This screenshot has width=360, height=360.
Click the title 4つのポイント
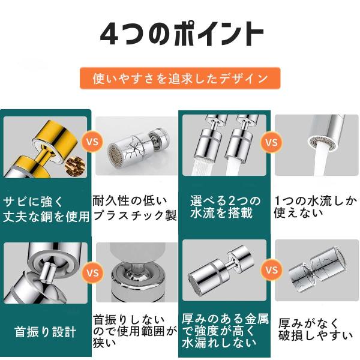(x=182, y=34)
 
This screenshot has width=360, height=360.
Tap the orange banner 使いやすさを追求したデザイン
(x=180, y=78)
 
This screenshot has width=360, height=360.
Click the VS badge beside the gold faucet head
(x=92, y=141)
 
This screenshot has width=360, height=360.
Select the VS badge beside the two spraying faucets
(x=271, y=142)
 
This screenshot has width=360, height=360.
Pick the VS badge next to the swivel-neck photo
(x=92, y=273)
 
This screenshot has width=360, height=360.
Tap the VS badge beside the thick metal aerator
(x=271, y=270)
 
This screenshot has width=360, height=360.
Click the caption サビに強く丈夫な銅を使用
(x=46, y=209)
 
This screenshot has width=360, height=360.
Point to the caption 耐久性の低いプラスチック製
(x=135, y=208)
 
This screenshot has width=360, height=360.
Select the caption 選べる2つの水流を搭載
(x=225, y=206)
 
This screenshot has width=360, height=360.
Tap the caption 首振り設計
(x=45, y=332)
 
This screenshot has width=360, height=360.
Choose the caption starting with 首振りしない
(x=135, y=331)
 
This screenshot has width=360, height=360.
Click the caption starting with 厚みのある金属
(x=225, y=331)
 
